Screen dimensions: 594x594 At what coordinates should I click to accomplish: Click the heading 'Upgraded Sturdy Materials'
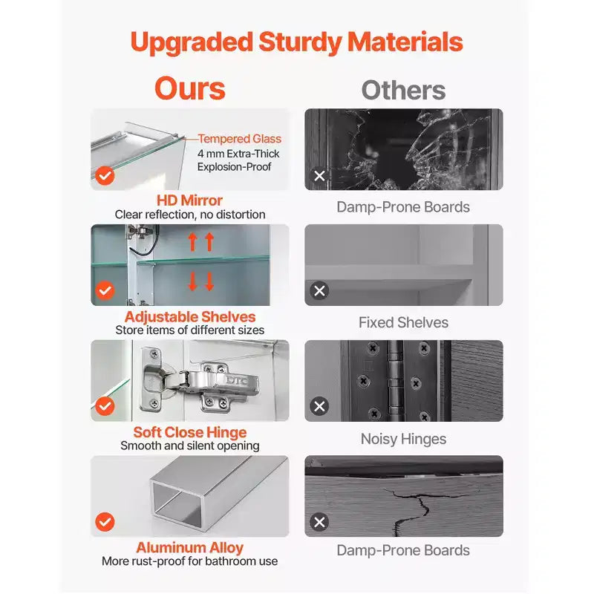tap(296, 42)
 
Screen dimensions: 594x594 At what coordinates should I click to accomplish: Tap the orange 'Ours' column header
tap(190, 88)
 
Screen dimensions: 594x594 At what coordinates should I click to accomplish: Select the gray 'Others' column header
tap(403, 90)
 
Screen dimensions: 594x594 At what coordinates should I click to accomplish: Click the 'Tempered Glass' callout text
tap(239, 139)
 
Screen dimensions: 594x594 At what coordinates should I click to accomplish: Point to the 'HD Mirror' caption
tap(190, 200)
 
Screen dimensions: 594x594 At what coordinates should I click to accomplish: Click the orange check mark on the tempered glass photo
tap(105, 175)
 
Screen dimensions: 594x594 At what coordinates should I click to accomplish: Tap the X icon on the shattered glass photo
tap(319, 175)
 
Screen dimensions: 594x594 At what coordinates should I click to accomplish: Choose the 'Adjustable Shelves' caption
tap(190, 316)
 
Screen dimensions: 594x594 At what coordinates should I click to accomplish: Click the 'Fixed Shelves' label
tap(403, 322)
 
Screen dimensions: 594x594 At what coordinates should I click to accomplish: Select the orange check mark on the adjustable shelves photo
tap(105, 290)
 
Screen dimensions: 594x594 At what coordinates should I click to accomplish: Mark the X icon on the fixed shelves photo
tap(319, 290)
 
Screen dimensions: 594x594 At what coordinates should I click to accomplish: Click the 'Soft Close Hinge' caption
tap(190, 432)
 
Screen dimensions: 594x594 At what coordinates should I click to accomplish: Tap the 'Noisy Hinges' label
tap(403, 439)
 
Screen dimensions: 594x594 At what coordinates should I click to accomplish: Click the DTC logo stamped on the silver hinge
tap(237, 380)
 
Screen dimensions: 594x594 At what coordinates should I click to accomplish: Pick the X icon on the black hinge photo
tap(319, 406)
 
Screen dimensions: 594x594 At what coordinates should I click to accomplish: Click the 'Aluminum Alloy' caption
tap(190, 547)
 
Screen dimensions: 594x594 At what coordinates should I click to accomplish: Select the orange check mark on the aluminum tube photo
tap(105, 522)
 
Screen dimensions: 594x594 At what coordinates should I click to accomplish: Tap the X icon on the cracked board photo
tap(319, 522)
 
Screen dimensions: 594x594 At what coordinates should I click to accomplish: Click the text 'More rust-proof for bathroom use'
tap(190, 561)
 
